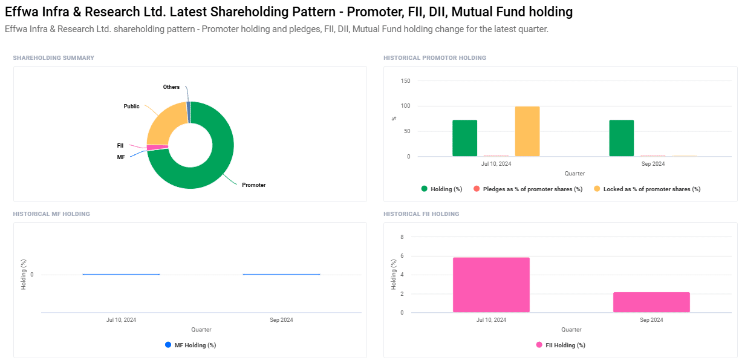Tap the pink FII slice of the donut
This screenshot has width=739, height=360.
click(157, 148)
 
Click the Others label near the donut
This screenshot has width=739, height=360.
click(171, 87)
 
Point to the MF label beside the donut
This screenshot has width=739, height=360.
click(121, 157)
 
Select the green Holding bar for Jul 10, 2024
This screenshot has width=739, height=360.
click(464, 138)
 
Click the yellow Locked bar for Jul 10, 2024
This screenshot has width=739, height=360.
click(527, 131)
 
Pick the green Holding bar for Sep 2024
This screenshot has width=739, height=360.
click(621, 138)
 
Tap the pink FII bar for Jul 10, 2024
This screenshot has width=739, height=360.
click(491, 285)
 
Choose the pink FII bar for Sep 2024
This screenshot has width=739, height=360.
click(651, 303)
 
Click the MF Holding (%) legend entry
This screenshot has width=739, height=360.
click(195, 345)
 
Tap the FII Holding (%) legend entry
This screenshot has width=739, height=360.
click(565, 345)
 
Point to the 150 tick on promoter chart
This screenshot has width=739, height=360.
click(405, 81)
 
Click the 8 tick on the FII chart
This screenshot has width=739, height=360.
click(402, 237)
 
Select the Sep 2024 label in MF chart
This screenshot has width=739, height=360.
click(281, 319)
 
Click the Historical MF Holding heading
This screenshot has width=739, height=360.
click(51, 214)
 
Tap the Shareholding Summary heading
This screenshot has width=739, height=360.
click(54, 58)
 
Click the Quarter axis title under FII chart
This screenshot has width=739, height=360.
click(571, 330)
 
